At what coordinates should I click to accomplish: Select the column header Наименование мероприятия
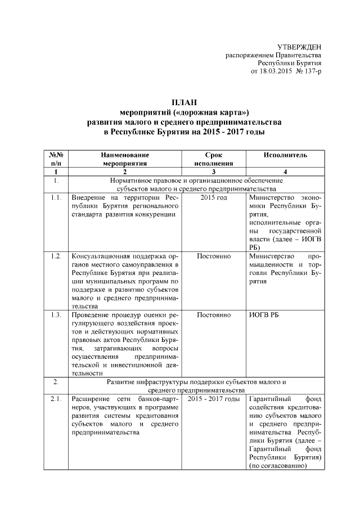click(x=125, y=159)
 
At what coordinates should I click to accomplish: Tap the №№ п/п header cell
click(x=55, y=159)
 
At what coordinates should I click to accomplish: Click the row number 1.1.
click(x=55, y=198)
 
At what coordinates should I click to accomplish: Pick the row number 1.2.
click(x=55, y=256)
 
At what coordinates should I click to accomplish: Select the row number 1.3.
click(x=55, y=314)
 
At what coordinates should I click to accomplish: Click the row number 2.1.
click(x=55, y=399)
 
